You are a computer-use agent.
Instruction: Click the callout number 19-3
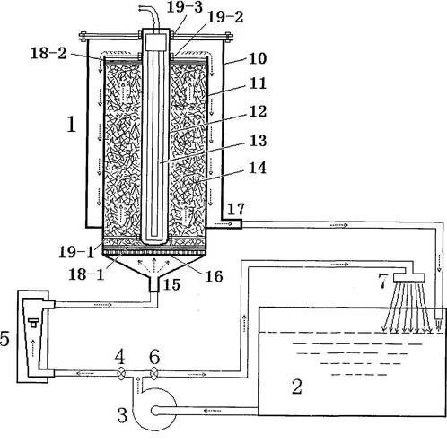[185, 7]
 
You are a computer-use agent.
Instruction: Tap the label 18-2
[48, 54]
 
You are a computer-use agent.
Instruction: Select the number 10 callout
[258, 58]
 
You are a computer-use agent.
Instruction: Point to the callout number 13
[258, 141]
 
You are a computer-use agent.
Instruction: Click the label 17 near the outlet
[236, 209]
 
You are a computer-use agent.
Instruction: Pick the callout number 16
[214, 276]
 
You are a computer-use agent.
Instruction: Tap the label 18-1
[86, 274]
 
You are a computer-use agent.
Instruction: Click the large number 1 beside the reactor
[71, 124]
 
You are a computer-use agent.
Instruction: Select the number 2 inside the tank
[297, 387]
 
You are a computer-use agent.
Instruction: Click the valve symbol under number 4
[121, 373]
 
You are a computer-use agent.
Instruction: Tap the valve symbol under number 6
[153, 373]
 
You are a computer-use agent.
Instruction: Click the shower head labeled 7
[409, 276]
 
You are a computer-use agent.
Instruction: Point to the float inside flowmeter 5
[33, 322]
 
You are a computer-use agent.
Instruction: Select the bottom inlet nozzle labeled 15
[153, 285]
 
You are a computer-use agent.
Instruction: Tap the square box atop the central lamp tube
[156, 41]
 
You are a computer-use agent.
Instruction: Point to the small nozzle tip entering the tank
[438, 321]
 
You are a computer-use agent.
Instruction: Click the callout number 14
[258, 168]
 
